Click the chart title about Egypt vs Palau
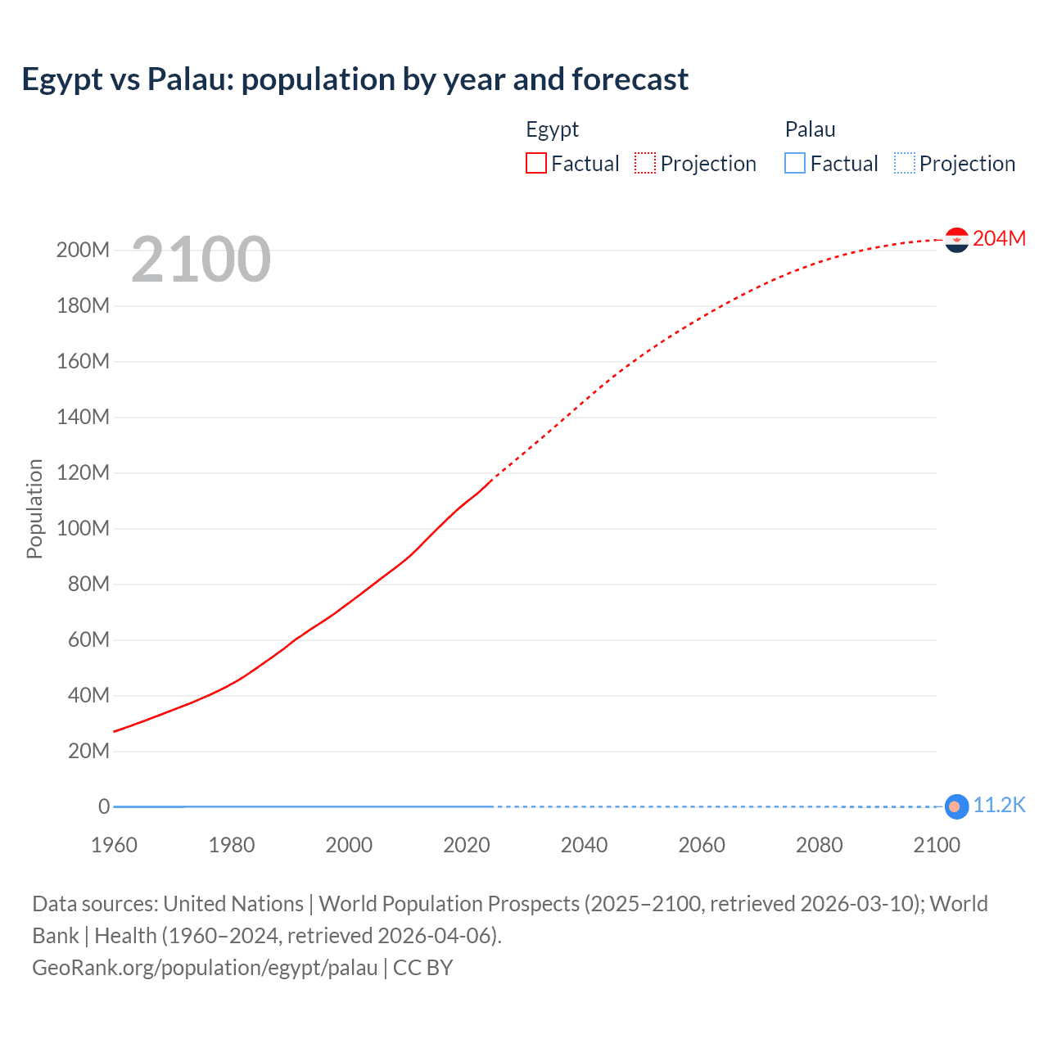[355, 79]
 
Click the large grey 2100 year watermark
[201, 260]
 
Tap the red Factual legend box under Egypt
[536, 163]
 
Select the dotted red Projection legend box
[645, 163]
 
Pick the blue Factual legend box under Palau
[795, 163]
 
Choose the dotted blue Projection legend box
[905, 163]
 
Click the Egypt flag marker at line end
[956, 240]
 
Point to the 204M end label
[999, 238]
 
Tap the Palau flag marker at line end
[955, 806]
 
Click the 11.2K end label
[999, 805]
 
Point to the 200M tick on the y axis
[83, 250]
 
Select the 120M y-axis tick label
[83, 472]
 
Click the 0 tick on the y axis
[103, 806]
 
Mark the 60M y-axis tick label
[88, 639]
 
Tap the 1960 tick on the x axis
[114, 845]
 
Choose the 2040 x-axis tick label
[584, 845]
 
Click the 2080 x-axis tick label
[819, 845]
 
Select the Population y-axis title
[34, 508]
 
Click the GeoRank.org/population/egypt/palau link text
[205, 968]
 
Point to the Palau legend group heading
[810, 129]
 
